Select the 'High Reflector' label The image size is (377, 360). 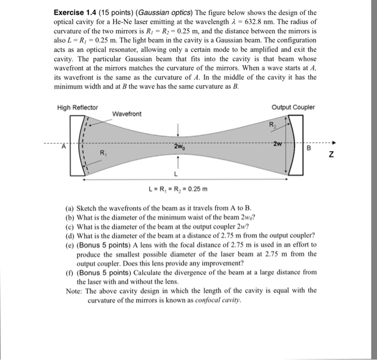tap(78, 107)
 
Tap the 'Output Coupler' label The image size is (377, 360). tap(293, 107)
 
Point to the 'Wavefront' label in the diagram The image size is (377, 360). tap(127, 114)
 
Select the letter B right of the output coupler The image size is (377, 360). tap(309, 147)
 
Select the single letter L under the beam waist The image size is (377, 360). tap(176, 175)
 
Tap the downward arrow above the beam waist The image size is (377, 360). tap(178, 128)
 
